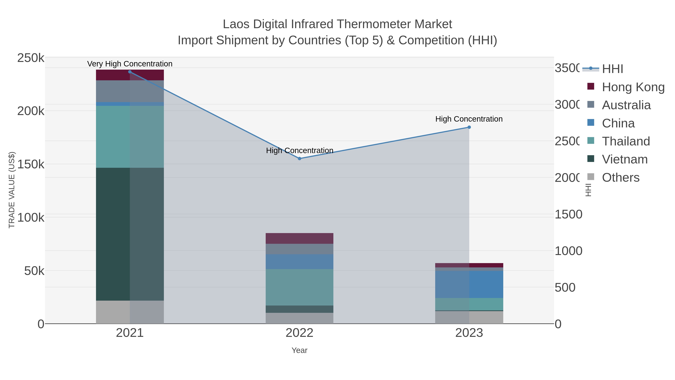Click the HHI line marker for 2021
pyautogui.click(x=130, y=72)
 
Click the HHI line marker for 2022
pyautogui.click(x=299, y=159)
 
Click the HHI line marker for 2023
pyautogui.click(x=469, y=127)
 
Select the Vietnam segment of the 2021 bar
pyautogui.click(x=130, y=234)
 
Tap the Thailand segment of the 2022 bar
pyautogui.click(x=299, y=287)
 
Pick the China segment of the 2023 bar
pyautogui.click(x=469, y=284)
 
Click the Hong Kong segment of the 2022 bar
pyautogui.click(x=299, y=238)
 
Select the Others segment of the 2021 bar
pyautogui.click(x=130, y=312)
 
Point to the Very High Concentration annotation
pyautogui.click(x=130, y=64)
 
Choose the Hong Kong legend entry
pyautogui.click(x=633, y=87)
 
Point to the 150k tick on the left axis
pyautogui.click(x=31, y=164)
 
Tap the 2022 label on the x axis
pyautogui.click(x=299, y=333)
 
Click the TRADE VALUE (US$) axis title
pyautogui.click(x=12, y=190)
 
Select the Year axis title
pyautogui.click(x=299, y=350)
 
